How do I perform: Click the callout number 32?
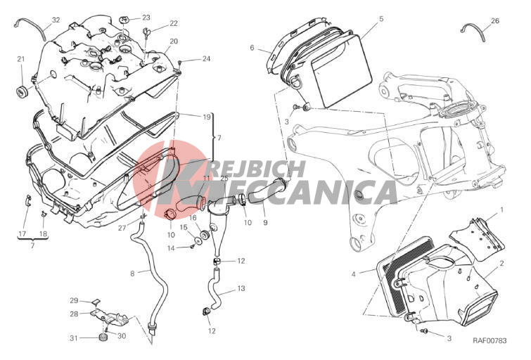[56, 20]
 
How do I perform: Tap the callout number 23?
[146, 18]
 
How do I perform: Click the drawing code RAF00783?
[490, 340]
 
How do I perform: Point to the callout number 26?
[494, 20]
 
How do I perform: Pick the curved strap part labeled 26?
[473, 32]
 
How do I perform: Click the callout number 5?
[381, 18]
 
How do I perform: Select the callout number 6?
[252, 48]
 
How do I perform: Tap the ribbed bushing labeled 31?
[103, 337]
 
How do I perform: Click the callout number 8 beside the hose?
[132, 273]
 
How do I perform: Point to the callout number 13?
[241, 288]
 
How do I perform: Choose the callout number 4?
[354, 274]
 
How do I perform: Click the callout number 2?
[501, 263]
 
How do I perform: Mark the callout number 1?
[502, 210]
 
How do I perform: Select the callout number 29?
[74, 300]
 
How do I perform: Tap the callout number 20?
[174, 41]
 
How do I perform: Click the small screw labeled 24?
[180, 62]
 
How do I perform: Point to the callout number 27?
[122, 228]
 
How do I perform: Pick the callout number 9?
[265, 222]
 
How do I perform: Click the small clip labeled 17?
[28, 200]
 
